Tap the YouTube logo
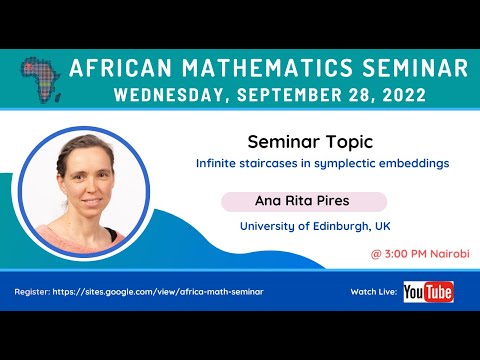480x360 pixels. click(x=428, y=292)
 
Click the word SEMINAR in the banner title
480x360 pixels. click(x=415, y=68)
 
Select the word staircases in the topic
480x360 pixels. click(x=275, y=163)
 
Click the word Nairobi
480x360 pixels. click(x=451, y=253)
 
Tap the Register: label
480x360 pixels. click(x=34, y=291)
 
